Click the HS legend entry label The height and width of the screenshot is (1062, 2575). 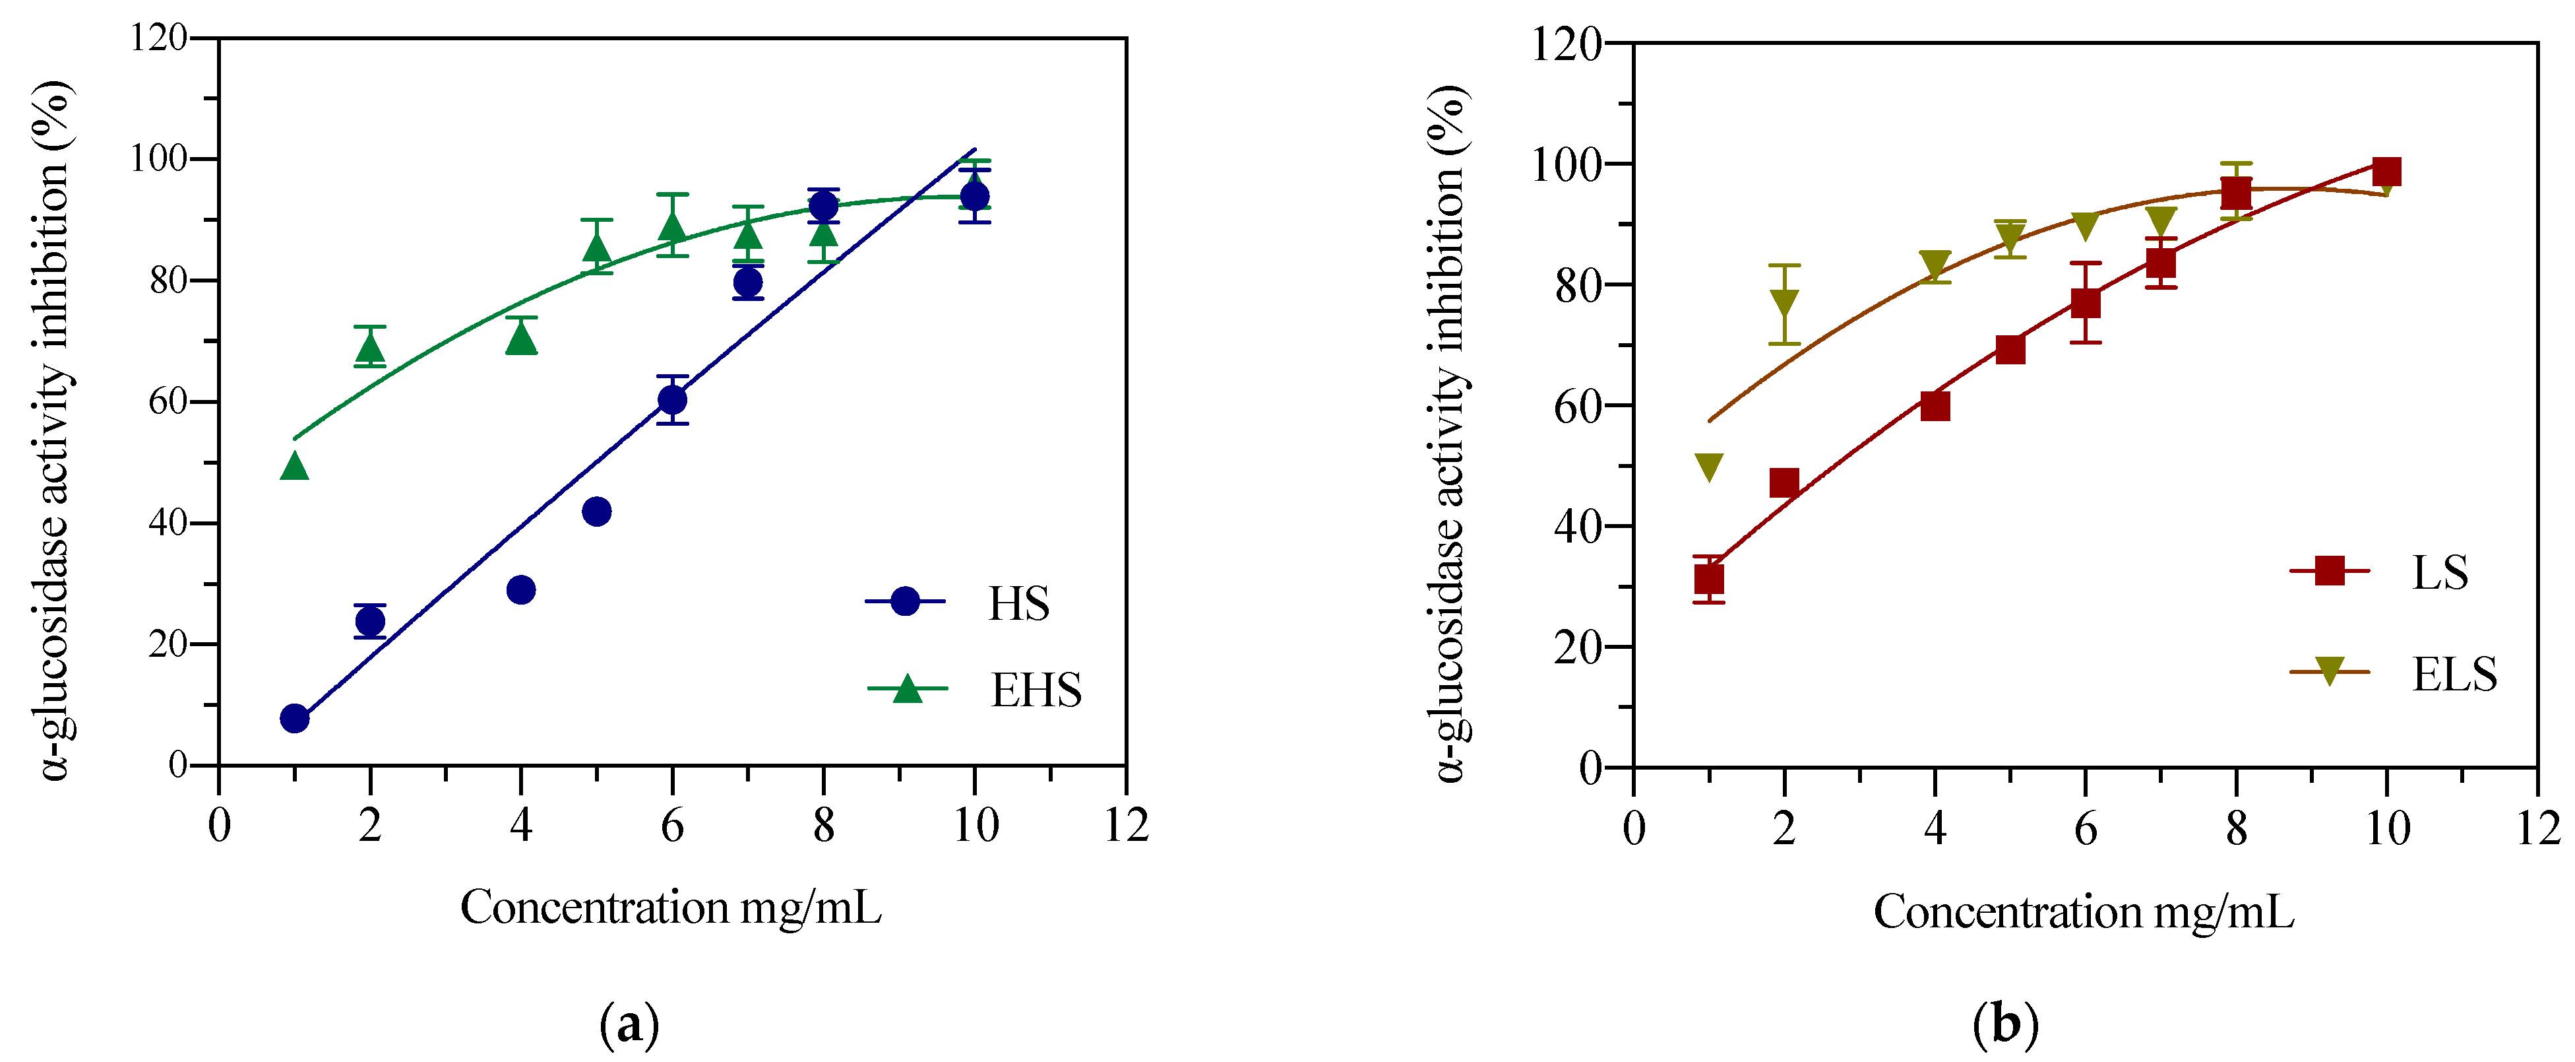click(1018, 604)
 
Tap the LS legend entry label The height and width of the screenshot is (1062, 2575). click(2440, 573)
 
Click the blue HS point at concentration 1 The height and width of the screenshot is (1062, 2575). click(295, 718)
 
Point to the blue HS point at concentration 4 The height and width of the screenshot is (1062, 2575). click(521, 590)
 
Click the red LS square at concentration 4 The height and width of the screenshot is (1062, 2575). click(1935, 406)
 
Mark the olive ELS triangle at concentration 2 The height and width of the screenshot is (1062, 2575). click(1784, 302)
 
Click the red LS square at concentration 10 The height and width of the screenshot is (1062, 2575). click(2387, 171)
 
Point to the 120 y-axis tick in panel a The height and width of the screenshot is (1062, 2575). click(160, 38)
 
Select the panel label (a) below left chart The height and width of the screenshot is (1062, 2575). click(630, 1024)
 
